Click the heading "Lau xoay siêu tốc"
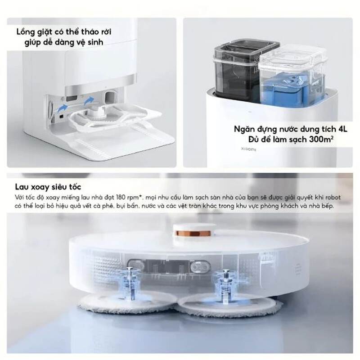(48, 186)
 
